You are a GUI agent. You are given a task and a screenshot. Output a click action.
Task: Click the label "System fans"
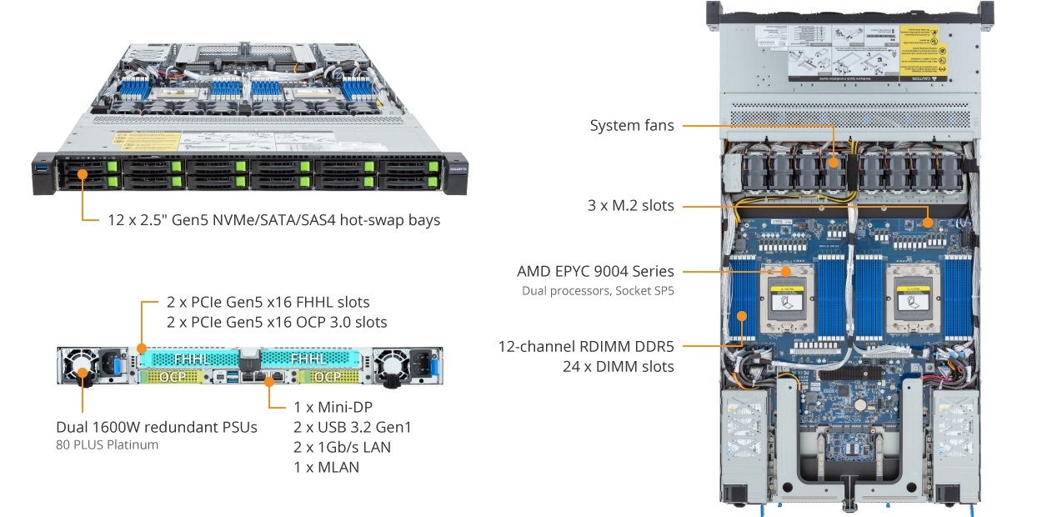(632, 126)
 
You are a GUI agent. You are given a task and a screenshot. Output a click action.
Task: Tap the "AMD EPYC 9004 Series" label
(595, 271)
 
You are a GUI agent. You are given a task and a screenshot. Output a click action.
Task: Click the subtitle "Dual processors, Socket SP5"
(598, 290)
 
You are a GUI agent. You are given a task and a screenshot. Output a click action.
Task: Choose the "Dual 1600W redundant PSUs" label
(157, 427)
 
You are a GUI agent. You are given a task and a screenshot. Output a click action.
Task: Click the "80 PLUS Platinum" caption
(107, 445)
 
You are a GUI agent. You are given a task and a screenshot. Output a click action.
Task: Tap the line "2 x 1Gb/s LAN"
(342, 447)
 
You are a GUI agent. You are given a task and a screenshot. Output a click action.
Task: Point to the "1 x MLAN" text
(326, 467)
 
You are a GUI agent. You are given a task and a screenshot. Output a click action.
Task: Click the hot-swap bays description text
(273, 220)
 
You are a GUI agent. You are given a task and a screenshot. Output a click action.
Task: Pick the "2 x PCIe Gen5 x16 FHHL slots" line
(268, 302)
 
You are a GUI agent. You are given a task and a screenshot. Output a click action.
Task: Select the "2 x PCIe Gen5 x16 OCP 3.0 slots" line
(277, 322)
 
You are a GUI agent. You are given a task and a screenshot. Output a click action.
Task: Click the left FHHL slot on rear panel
(191, 359)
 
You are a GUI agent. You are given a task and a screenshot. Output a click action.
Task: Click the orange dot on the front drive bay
(83, 174)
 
